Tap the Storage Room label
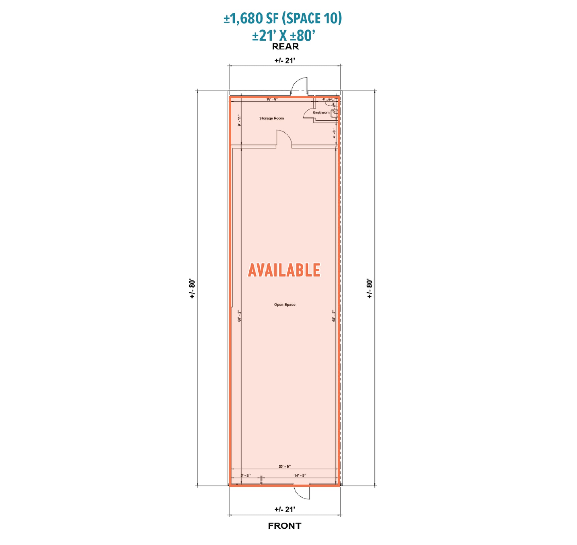[x=272, y=118]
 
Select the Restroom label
[x=321, y=112]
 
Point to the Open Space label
[x=285, y=304]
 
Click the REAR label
[x=285, y=46]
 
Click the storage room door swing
[x=283, y=139]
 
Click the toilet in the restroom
[x=329, y=103]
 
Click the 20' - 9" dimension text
[x=285, y=467]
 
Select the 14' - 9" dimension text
[x=300, y=476]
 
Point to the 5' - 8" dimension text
[x=246, y=476]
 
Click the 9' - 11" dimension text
[x=239, y=121]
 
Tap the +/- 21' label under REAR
[x=285, y=60]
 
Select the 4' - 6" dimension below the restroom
[x=334, y=134]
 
